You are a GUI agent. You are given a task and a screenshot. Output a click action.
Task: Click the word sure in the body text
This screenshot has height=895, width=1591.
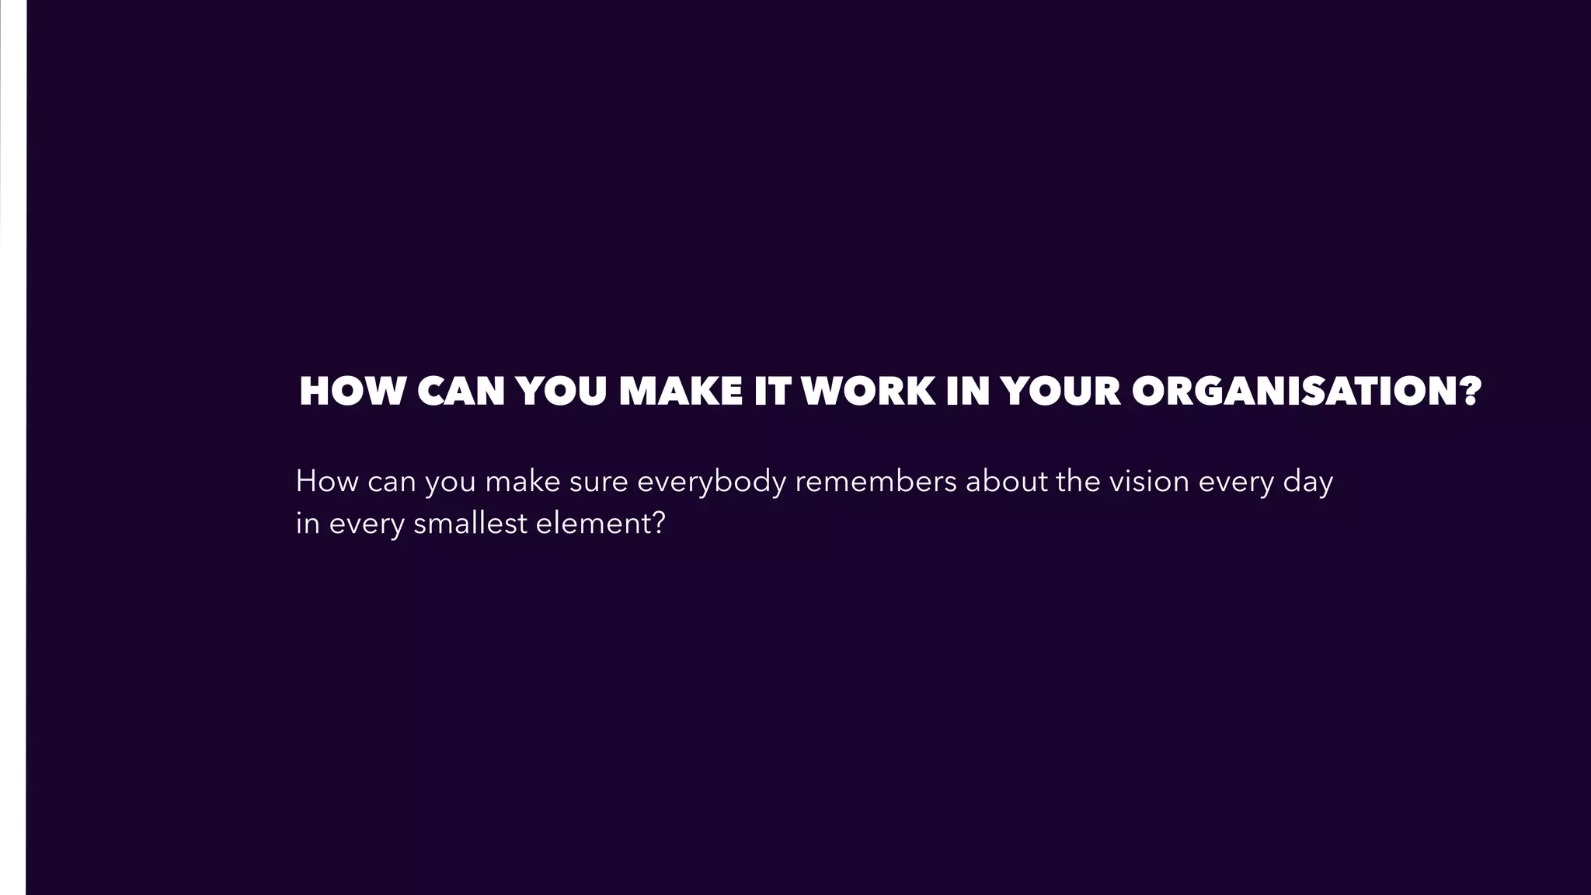tap(599, 482)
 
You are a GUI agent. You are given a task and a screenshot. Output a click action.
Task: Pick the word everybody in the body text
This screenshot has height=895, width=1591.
tap(712, 483)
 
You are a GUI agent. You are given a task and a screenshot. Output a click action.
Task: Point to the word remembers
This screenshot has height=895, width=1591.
tap(876, 482)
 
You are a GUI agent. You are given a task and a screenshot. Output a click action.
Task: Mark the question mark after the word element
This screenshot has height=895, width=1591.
tap(658, 524)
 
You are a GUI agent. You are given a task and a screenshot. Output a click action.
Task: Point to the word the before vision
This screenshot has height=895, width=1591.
tap(1078, 482)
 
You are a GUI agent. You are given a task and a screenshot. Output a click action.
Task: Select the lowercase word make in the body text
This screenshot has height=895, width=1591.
tap(523, 482)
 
